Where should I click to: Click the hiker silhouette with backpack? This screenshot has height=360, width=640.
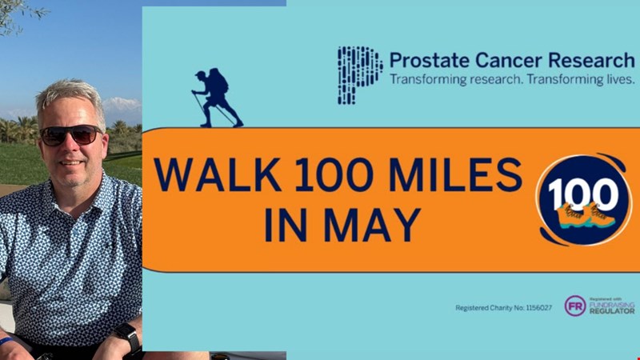coord(216,98)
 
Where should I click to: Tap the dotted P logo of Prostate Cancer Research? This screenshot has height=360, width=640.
coord(359,75)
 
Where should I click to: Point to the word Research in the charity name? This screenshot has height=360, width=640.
coord(591,61)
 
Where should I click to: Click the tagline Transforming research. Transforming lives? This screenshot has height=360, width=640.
coord(512,79)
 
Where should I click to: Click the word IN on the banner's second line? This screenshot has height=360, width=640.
coord(286,225)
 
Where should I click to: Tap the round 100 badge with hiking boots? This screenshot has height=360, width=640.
coord(583,199)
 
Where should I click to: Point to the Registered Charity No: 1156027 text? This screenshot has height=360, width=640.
coord(504,308)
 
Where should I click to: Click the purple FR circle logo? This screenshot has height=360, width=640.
coord(575,306)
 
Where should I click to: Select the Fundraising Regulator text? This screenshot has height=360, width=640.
coord(612,306)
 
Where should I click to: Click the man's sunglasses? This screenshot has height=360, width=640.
coord(70,134)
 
